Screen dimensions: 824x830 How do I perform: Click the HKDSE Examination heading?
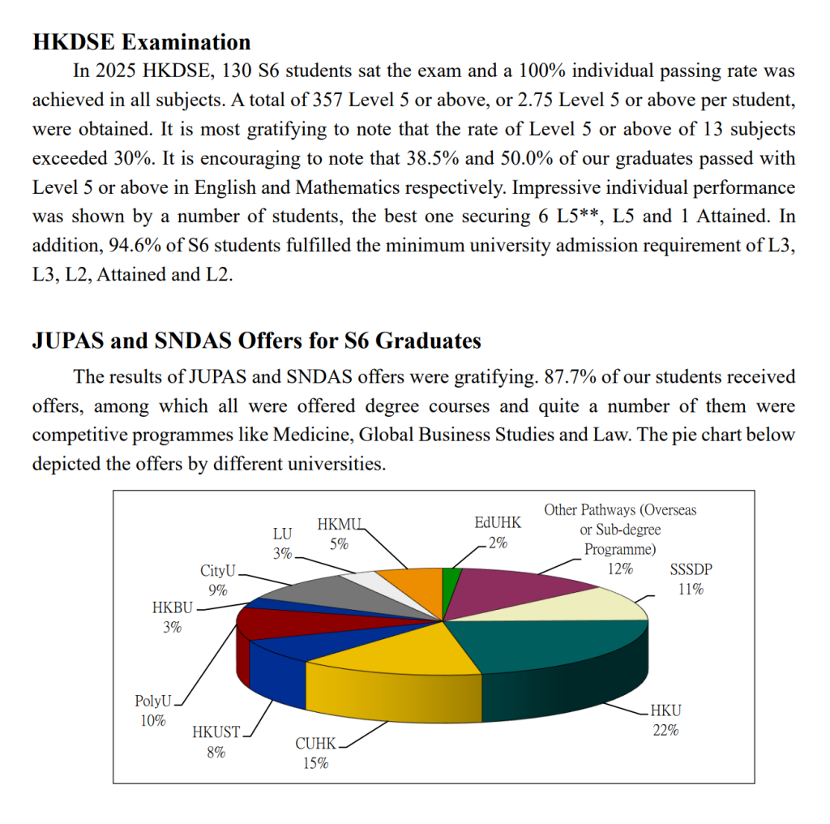coord(141,41)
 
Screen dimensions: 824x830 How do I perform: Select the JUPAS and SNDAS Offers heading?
coord(256,340)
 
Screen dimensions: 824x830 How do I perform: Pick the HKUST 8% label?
coord(216,741)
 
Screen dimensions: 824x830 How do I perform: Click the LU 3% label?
coord(282,544)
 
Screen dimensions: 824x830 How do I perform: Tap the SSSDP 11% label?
coord(691,579)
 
